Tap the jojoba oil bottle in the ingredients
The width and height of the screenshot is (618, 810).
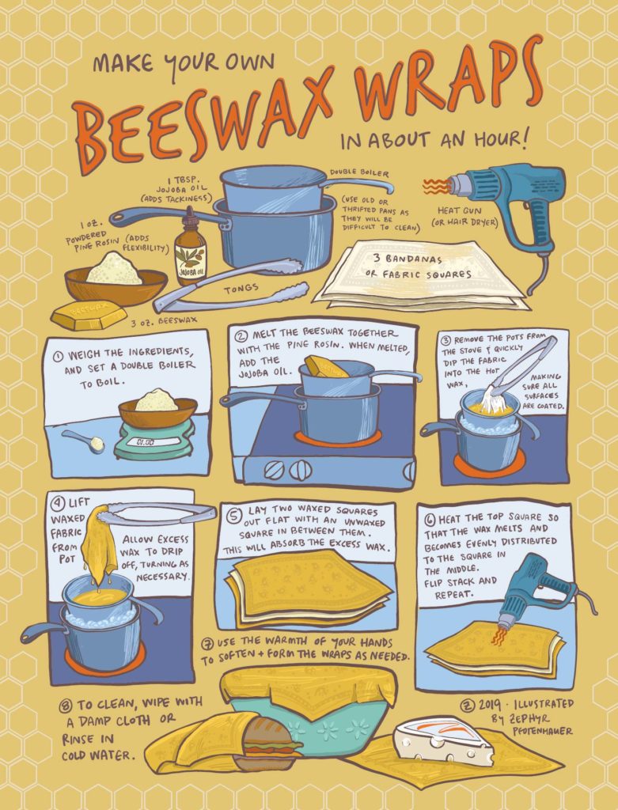click(x=190, y=256)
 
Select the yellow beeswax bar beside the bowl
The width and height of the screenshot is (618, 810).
click(x=88, y=314)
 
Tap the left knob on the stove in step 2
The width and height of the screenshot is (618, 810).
click(x=275, y=469)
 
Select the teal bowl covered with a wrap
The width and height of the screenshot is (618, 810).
click(x=309, y=720)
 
